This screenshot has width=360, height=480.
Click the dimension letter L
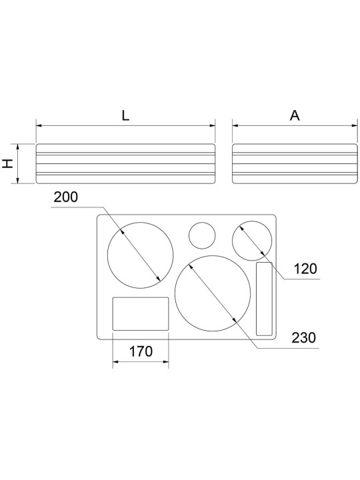pyautogui.click(x=125, y=116)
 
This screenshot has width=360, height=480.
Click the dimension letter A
pyautogui.click(x=295, y=116)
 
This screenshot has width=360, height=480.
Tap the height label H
pyautogui.click(x=8, y=163)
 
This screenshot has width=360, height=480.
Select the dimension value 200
pyautogui.click(x=66, y=197)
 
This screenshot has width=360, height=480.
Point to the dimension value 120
pyautogui.click(x=305, y=269)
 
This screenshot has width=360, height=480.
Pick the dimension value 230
pyautogui.click(x=303, y=338)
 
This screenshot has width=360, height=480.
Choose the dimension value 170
pyautogui.click(x=141, y=351)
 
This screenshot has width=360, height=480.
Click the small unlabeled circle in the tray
pyautogui.click(x=202, y=235)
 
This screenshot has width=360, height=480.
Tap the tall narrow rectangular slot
pyautogui.click(x=264, y=299)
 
